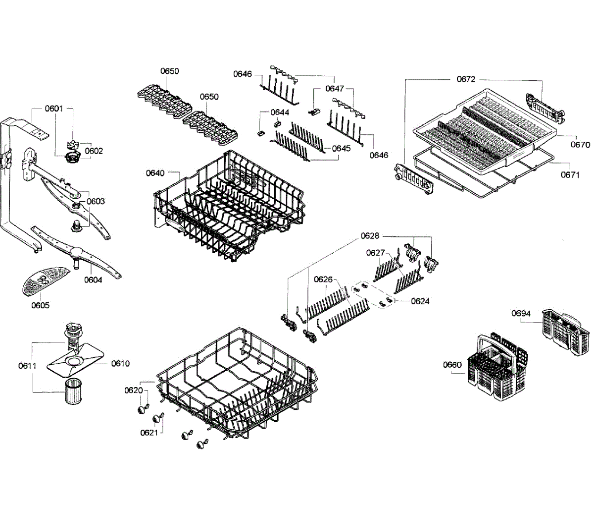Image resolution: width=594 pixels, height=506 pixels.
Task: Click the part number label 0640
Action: pos(155,173)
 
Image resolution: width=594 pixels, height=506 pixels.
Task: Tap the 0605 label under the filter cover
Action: pos(40,305)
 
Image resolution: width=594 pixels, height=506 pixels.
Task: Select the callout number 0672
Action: pos(466,79)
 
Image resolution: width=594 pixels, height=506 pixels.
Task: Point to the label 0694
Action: pos(521,313)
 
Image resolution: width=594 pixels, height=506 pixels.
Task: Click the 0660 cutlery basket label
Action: pos(452,365)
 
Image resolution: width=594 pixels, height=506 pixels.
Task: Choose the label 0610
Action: pos(120,363)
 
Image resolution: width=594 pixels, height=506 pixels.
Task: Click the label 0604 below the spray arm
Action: pos(93,280)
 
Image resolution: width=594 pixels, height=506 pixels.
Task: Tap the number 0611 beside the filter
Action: pos(27,366)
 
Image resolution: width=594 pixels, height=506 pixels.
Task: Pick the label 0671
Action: pos(570,174)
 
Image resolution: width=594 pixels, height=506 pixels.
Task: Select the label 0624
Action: pos(420,301)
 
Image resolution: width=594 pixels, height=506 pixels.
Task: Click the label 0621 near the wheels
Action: pos(148,432)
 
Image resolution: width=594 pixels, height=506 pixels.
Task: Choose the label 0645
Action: pos(341,148)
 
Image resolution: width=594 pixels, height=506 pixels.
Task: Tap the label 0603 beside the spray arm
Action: pos(96,201)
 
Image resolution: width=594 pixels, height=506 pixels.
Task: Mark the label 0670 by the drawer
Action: pos(580,145)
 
